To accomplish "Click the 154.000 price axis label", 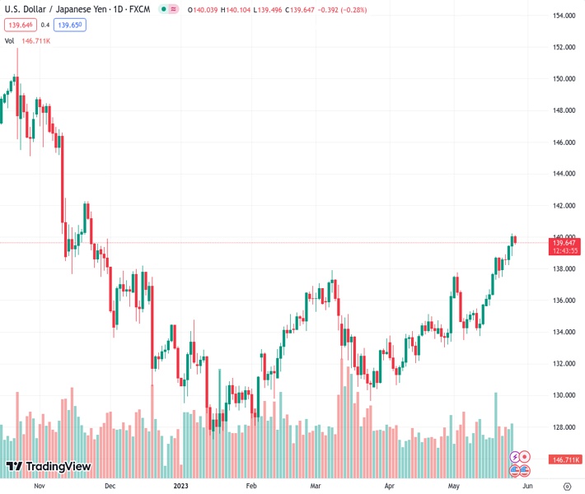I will tap(564, 16).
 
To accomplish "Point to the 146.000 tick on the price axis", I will tap(564, 142).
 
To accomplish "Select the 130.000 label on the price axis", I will tap(564, 395).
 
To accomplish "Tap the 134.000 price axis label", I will tap(564, 332).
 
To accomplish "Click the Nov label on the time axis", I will tap(38, 486).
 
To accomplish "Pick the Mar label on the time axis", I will tap(315, 486).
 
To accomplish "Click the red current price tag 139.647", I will tap(564, 243).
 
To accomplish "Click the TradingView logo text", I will tap(58, 467).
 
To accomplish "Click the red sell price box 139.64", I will tap(19, 25).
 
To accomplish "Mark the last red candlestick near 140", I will tap(515, 240).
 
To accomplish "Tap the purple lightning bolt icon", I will tap(515, 456).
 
